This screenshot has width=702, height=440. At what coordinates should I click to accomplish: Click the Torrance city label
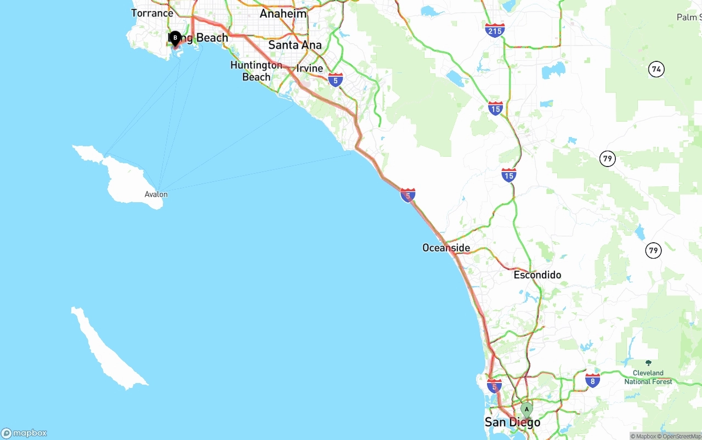[x=152, y=13]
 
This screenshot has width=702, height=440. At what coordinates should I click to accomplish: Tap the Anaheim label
[x=283, y=14]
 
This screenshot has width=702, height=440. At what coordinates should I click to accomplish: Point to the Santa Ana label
[x=295, y=45]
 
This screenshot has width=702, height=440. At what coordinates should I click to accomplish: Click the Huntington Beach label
[x=256, y=71]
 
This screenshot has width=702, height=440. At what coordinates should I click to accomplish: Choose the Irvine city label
[x=310, y=68]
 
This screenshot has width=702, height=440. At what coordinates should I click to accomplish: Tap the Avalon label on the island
[x=156, y=195]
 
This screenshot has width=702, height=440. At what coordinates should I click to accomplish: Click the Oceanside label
[x=446, y=248]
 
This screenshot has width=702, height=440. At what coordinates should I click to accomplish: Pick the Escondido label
[x=537, y=275]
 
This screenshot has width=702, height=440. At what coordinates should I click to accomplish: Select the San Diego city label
[x=512, y=422]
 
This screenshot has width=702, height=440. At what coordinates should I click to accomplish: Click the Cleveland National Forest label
[x=648, y=377]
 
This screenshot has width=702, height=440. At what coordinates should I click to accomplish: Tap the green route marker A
[x=526, y=409]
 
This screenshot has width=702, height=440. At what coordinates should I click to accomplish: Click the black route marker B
[x=175, y=38]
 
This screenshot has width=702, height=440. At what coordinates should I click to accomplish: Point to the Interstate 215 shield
[x=495, y=30]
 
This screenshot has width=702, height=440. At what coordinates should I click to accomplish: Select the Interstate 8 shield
[x=592, y=380]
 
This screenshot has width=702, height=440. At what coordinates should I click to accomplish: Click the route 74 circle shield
[x=656, y=69]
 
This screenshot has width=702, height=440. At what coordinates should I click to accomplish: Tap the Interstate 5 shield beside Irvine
[x=336, y=80]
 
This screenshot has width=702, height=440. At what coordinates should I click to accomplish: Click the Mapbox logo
[x=24, y=433]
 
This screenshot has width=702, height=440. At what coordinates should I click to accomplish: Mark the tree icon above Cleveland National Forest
[x=648, y=363]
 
